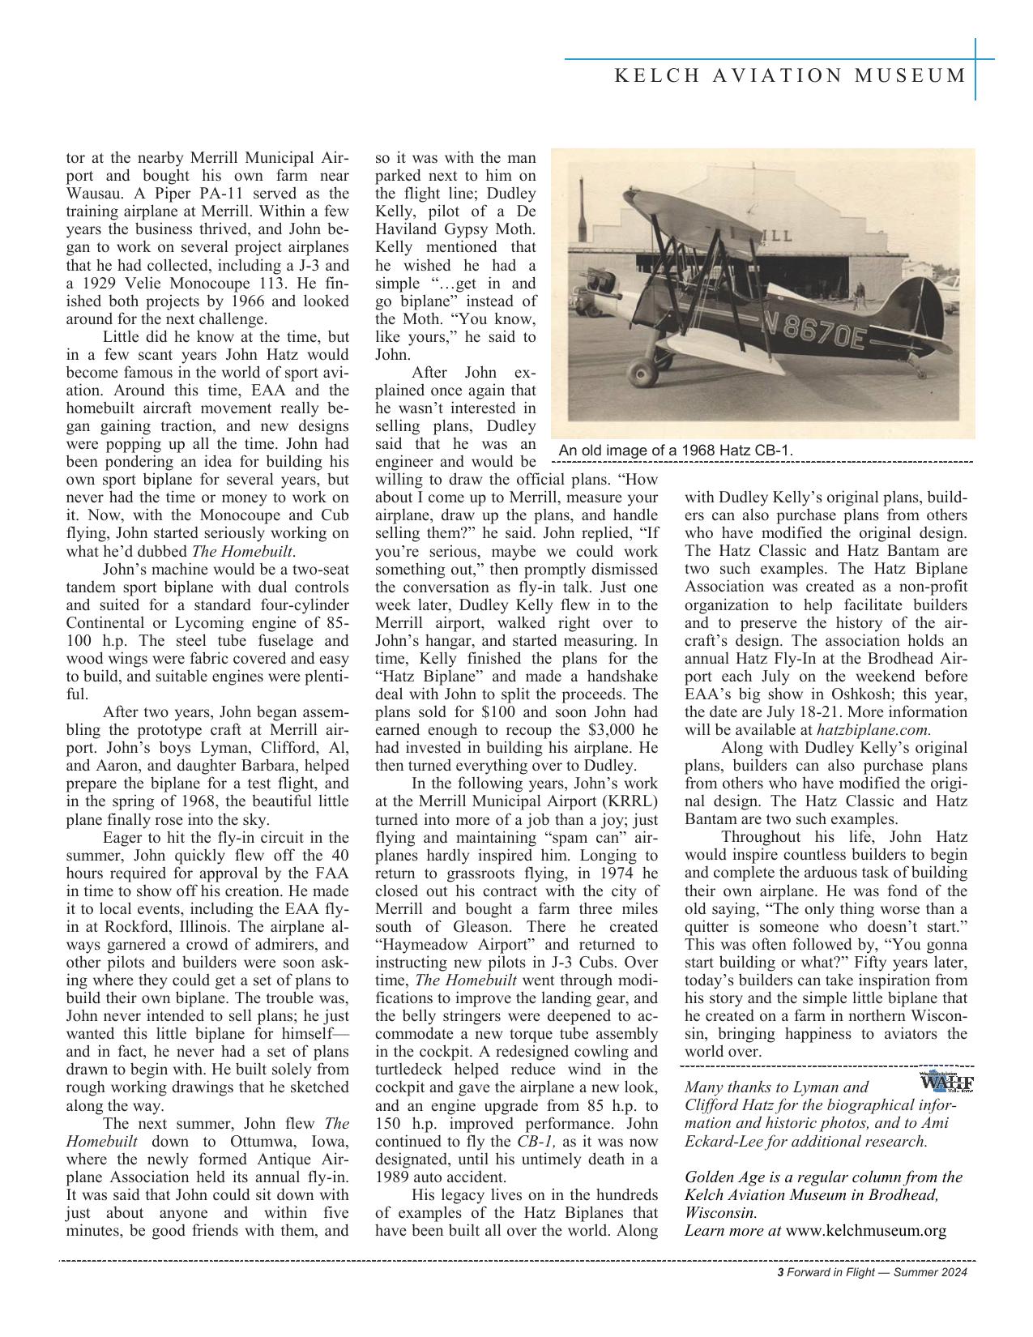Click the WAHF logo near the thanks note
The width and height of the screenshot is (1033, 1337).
click(946, 1083)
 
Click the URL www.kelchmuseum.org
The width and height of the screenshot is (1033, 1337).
click(866, 1231)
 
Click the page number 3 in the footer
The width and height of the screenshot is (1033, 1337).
click(780, 1273)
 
